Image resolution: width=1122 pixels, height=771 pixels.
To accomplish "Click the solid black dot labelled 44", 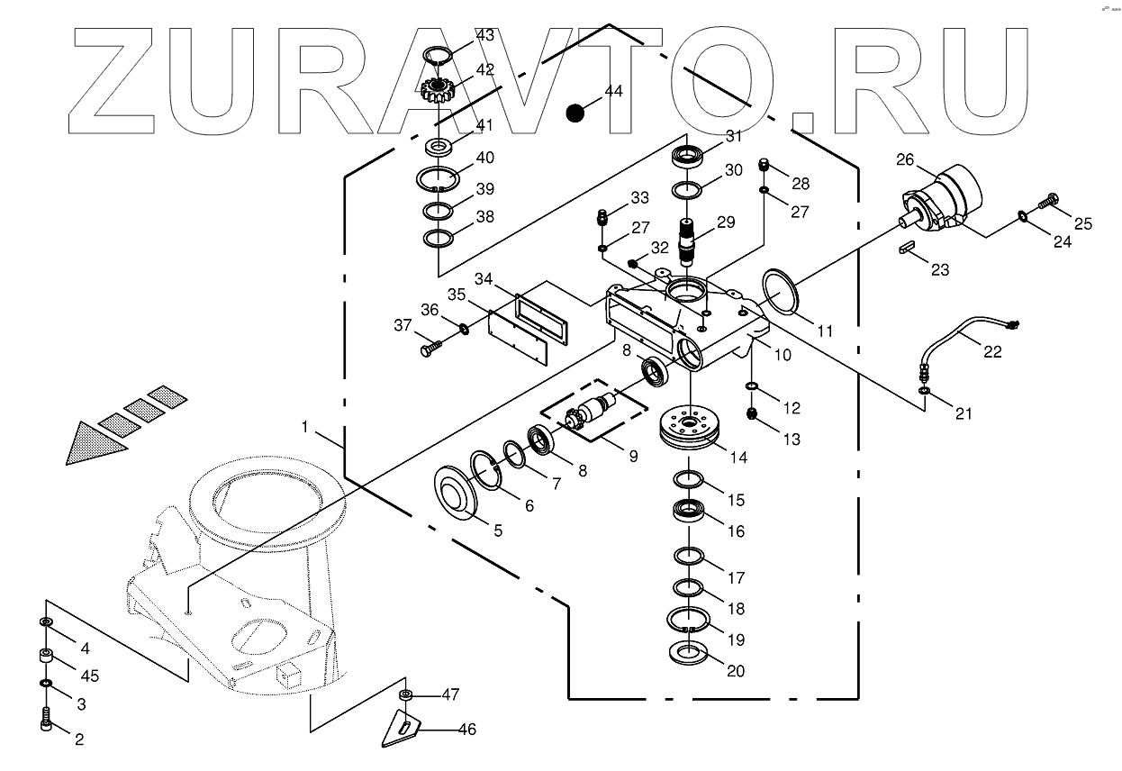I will pos(575,113).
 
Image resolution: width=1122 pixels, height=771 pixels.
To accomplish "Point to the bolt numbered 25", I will pos(1047,203).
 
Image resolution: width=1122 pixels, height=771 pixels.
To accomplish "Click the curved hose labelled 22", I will pos(959,336).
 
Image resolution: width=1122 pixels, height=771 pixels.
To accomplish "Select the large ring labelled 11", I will pos(779,293).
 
